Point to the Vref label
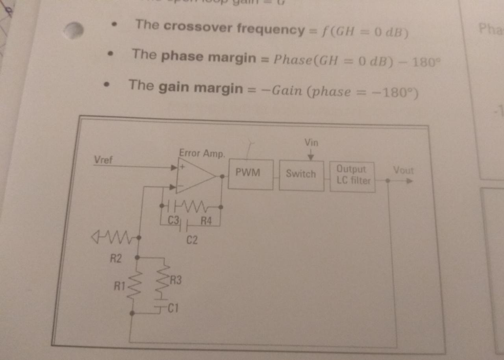103,160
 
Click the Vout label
404,171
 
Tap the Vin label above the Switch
311,142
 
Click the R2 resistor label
116,258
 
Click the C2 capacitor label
192,240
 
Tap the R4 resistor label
206,221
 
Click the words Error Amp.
202,153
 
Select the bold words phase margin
208,57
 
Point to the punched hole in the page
74,30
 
